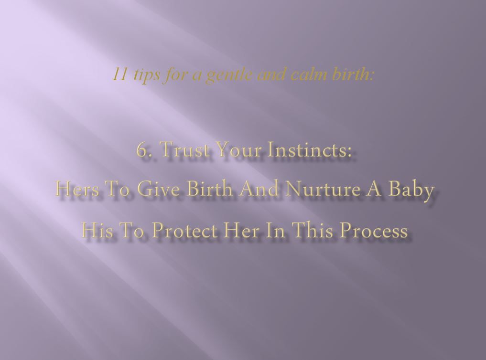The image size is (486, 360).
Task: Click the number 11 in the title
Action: [119, 74]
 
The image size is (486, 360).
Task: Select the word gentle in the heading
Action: [229, 75]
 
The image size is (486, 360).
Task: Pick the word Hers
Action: [77, 189]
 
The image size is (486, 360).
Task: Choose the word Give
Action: [158, 189]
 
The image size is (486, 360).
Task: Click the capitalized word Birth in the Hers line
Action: [209, 188]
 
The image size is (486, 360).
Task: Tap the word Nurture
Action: [323, 189]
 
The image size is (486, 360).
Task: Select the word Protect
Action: [185, 231]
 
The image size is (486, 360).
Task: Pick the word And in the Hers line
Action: [259, 188]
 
